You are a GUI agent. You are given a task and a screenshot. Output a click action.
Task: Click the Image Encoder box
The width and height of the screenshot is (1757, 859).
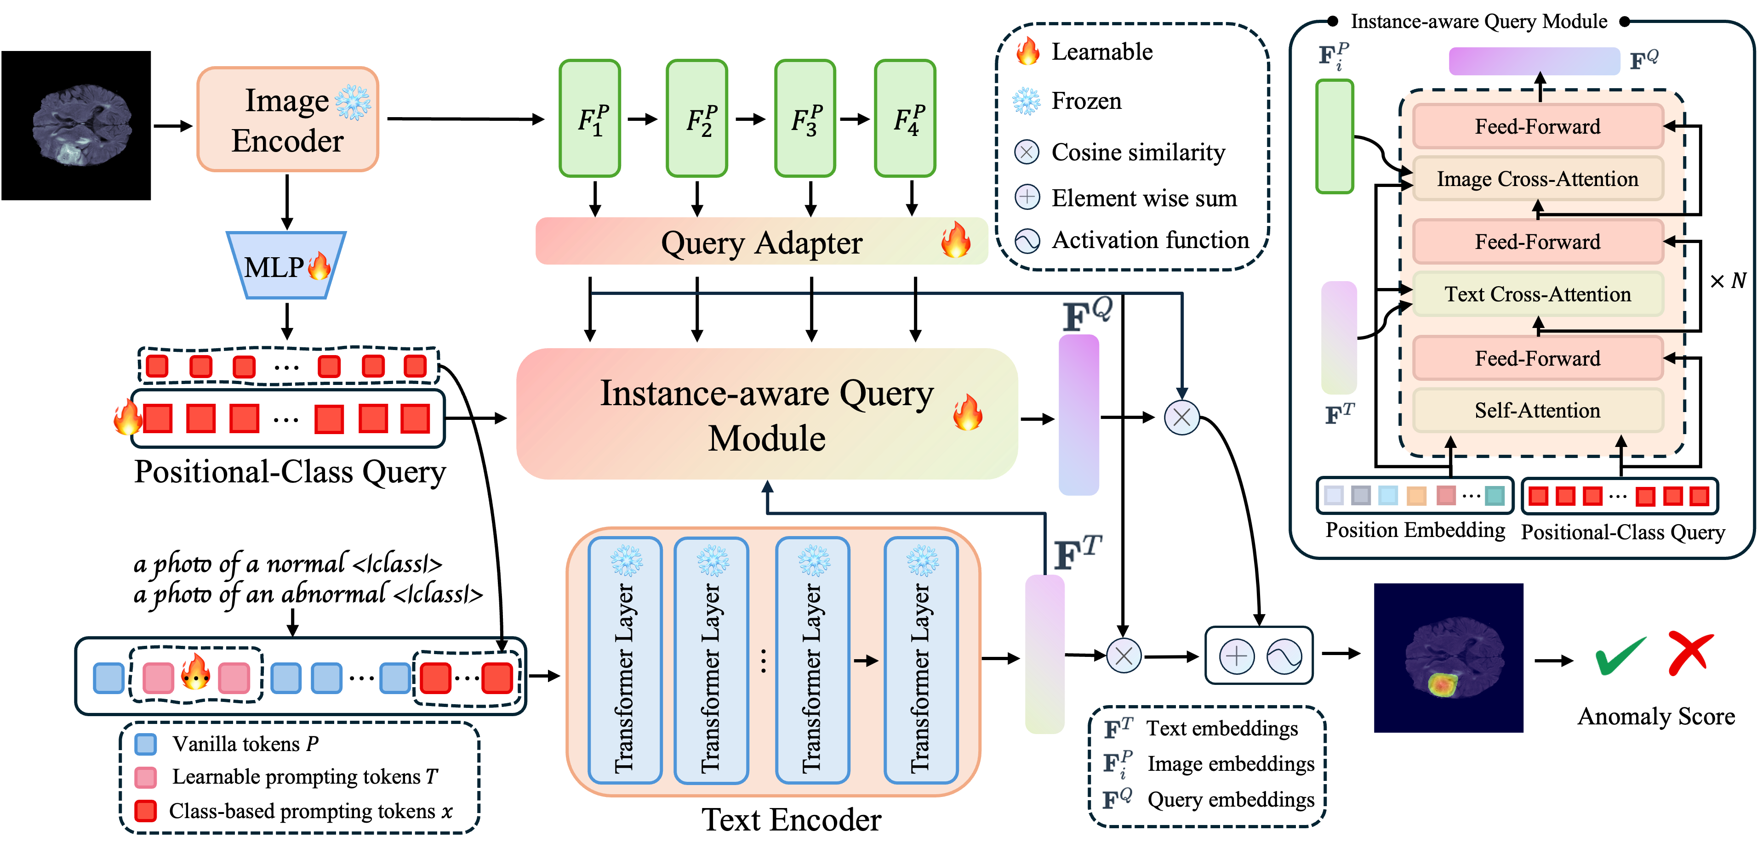pyautogui.click(x=287, y=119)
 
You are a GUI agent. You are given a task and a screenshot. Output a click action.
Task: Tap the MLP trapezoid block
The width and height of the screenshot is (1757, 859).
pyautogui.click(x=286, y=266)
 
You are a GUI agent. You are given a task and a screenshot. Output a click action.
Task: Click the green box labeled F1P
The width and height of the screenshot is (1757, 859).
pyautogui.click(x=590, y=119)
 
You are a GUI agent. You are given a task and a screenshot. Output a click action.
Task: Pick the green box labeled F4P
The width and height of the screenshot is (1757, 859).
pyautogui.click(x=905, y=119)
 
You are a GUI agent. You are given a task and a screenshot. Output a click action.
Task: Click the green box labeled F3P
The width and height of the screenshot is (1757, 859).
pyautogui.click(x=805, y=119)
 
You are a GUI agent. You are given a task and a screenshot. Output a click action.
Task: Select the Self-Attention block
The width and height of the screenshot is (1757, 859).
pyautogui.click(x=1537, y=410)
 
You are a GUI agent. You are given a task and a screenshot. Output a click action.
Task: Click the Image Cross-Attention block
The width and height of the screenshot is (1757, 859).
pyautogui.click(x=1537, y=179)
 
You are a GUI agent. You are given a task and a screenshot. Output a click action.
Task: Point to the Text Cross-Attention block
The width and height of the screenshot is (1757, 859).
pyautogui.click(x=1537, y=294)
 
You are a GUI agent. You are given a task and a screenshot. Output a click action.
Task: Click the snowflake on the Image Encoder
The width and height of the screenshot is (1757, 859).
pyautogui.click(x=353, y=103)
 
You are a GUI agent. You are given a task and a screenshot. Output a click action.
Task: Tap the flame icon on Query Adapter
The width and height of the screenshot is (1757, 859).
pyautogui.click(x=956, y=240)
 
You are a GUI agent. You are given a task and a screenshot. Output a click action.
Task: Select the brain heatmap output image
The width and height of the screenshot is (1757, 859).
pyautogui.click(x=1448, y=658)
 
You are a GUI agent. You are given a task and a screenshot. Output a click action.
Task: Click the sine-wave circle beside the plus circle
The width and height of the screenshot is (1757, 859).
pyautogui.click(x=1284, y=656)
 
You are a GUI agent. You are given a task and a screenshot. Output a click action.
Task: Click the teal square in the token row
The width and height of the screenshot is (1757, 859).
pyautogui.click(x=1495, y=496)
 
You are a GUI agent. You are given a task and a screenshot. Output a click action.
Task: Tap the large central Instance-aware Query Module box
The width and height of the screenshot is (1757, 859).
pyautogui.click(x=767, y=414)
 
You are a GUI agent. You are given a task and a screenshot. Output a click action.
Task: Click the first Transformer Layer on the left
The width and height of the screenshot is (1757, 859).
pyautogui.click(x=625, y=660)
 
